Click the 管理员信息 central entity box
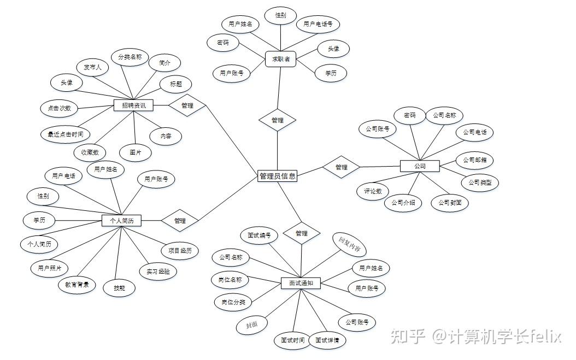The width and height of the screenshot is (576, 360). [x=277, y=176]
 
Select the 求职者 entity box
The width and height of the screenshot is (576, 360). [x=280, y=59]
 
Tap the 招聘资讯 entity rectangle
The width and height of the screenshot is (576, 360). [x=133, y=105]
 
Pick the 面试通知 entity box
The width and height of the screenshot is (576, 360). [x=301, y=283]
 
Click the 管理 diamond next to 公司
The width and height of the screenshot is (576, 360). [x=342, y=167]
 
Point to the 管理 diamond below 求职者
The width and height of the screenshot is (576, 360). [x=278, y=120]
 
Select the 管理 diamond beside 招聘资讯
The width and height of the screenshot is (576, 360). [x=187, y=105]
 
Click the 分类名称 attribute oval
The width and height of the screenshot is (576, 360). [x=130, y=57]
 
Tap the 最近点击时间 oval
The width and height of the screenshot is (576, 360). [x=66, y=133]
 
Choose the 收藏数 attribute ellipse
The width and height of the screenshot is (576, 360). [x=90, y=152]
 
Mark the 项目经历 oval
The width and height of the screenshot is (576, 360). [x=180, y=251]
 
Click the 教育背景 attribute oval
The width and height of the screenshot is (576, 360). [x=77, y=285]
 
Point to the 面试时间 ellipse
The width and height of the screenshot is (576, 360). [x=292, y=340]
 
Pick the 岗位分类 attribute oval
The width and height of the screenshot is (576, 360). [x=233, y=302]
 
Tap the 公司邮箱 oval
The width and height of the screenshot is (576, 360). [x=474, y=160]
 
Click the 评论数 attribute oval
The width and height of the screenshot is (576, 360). [x=373, y=191]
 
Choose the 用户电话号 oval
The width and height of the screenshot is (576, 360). [x=318, y=24]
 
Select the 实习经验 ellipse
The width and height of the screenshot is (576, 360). [x=158, y=272]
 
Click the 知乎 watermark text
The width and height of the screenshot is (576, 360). [x=407, y=336]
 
